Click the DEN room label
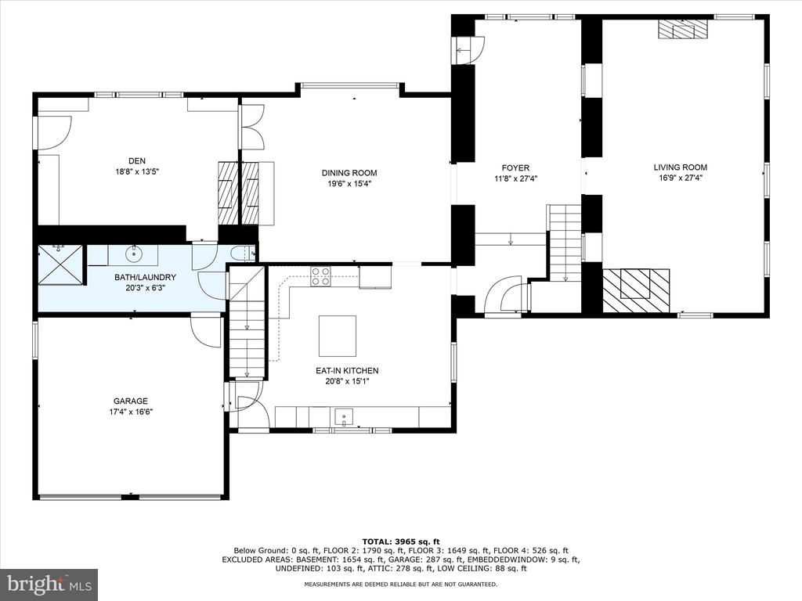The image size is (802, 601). tap(137, 161)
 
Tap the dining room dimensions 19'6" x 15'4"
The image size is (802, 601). tap(349, 183)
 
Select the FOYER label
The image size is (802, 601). tap(515, 167)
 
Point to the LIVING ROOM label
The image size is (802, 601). tap(681, 167)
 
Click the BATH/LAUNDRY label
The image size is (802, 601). tap(145, 277)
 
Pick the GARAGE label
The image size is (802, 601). tap(131, 401)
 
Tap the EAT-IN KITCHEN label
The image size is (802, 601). tap(347, 370)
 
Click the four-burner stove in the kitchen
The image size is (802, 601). tap(320, 276)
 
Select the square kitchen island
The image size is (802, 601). tap(338, 336)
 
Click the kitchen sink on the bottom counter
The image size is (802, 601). tap(345, 417)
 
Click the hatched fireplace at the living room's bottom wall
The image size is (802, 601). tap(636, 290)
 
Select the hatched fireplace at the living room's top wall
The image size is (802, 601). tap(682, 29)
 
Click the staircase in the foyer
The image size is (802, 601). tap(565, 243)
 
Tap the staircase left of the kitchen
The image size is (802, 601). tap(247, 322)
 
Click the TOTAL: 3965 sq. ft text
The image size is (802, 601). tap(401, 542)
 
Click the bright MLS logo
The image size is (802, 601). tap(49, 584)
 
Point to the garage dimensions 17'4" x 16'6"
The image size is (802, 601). tap(131, 412)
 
